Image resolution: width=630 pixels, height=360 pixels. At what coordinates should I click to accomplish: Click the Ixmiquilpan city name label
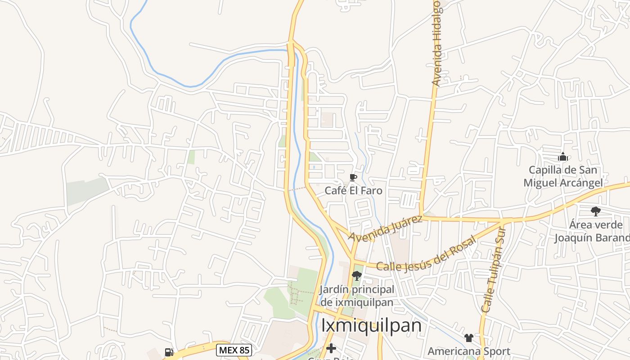point(371,325)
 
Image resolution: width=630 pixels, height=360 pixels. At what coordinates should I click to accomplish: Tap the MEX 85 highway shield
point(234,350)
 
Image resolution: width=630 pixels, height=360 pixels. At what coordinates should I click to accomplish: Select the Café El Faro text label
point(353,190)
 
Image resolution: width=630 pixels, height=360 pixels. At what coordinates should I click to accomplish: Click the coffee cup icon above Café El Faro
point(353,178)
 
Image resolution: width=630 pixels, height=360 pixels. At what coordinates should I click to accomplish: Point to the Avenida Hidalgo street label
point(436,43)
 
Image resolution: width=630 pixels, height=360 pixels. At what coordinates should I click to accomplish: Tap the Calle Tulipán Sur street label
point(494,270)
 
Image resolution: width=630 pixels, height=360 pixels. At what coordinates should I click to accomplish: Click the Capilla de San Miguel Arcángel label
point(563,176)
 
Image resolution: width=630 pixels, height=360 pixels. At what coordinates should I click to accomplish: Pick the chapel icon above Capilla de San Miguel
point(562,157)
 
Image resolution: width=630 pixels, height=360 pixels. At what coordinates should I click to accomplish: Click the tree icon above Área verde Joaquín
point(595,211)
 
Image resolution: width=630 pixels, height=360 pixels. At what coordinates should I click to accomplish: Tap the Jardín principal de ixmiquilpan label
point(357,296)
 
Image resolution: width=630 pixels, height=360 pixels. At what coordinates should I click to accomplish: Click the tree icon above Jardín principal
point(357,275)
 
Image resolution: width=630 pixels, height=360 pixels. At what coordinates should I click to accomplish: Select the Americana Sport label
point(469,351)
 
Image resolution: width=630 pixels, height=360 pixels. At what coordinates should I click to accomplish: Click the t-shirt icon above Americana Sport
point(469,337)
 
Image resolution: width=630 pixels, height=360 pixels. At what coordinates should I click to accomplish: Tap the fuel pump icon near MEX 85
point(169,352)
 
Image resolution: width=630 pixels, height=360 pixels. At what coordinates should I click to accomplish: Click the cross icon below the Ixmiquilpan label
point(331,348)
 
